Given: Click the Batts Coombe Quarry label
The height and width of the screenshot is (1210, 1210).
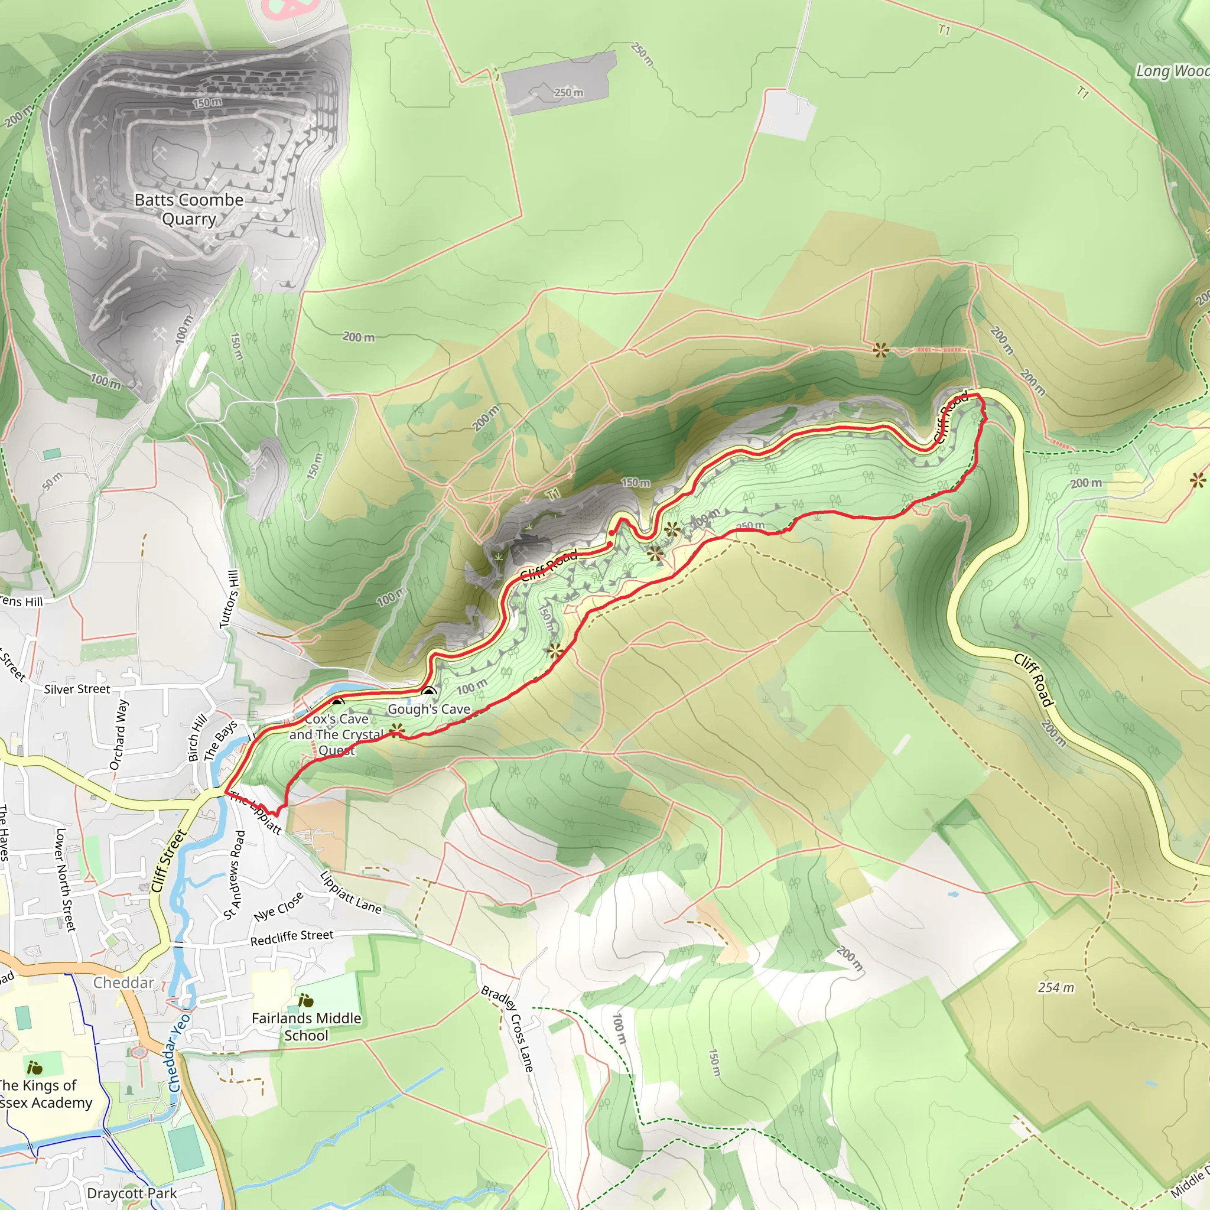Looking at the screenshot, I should [188, 209].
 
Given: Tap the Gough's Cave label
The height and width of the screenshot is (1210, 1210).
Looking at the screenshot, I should [428, 709].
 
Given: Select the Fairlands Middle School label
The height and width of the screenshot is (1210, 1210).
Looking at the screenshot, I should [306, 1026].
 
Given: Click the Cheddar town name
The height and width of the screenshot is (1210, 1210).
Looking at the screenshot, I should [123, 983].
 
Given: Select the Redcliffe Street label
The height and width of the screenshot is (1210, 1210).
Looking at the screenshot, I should [292, 938].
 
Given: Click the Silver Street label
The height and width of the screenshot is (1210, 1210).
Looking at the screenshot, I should [76, 689].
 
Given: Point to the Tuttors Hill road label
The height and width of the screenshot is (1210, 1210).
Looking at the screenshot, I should [229, 599].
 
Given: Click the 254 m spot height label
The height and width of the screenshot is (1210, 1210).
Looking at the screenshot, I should [1055, 988].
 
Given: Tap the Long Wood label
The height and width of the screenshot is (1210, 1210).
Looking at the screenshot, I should [1171, 71].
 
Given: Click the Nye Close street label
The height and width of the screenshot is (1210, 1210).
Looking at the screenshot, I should [279, 906].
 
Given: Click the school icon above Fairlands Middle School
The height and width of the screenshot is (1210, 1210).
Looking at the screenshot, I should [305, 1001].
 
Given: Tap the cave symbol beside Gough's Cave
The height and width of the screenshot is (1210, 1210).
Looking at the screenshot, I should [429, 692].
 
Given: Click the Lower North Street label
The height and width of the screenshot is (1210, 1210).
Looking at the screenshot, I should [65, 879].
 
